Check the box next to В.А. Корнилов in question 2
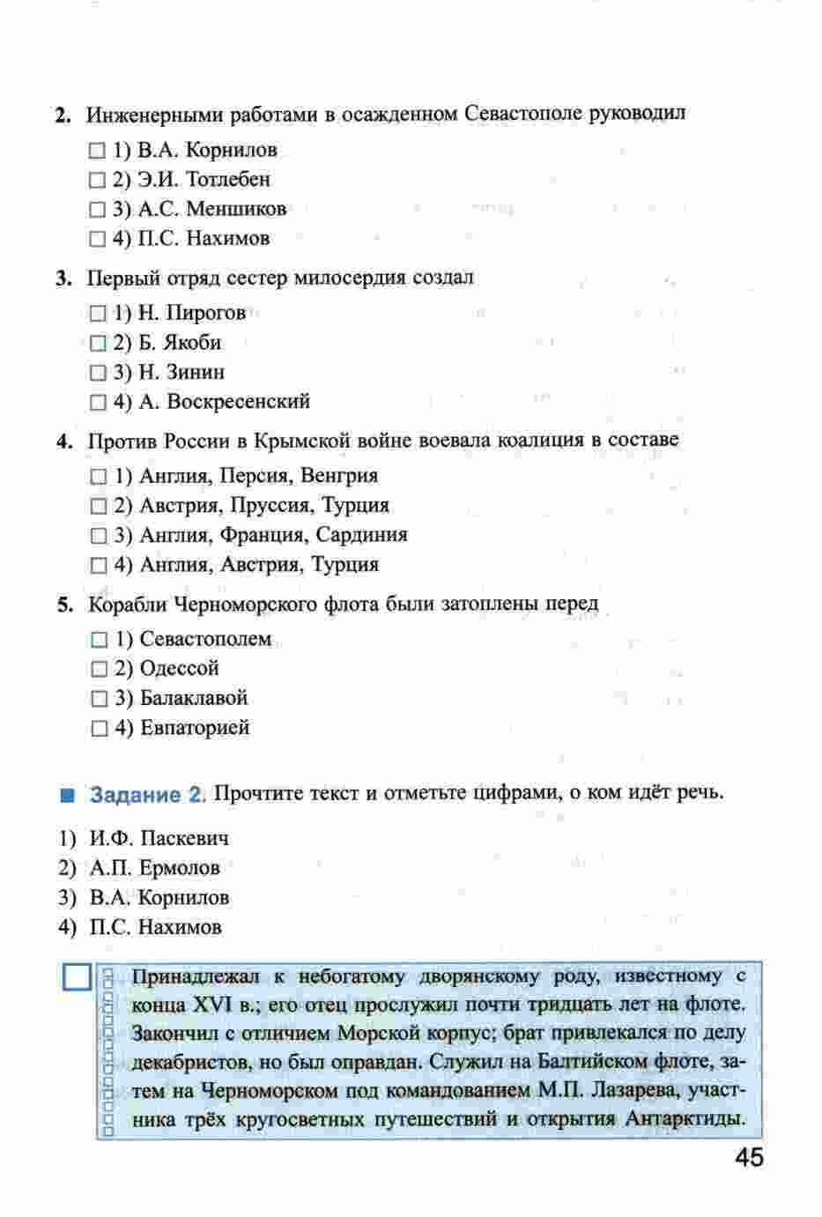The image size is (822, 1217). (97, 151)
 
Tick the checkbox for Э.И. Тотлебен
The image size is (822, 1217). (97, 181)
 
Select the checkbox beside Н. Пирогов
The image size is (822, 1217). (98, 314)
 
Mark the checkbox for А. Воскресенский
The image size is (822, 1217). (98, 403)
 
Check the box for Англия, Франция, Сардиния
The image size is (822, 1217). (99, 536)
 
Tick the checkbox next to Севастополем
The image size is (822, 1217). (99, 640)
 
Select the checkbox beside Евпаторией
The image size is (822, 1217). (99, 729)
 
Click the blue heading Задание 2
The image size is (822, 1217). (147, 794)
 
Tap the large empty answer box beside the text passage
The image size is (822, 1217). (78, 979)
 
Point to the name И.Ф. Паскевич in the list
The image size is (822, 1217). (159, 838)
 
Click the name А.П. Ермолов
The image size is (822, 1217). (154, 868)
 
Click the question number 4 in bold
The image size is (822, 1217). (63, 441)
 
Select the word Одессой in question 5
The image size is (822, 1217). (180, 669)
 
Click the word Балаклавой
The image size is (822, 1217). (194, 699)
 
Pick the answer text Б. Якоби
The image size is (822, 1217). (180, 343)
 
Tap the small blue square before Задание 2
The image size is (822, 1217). (68, 795)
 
